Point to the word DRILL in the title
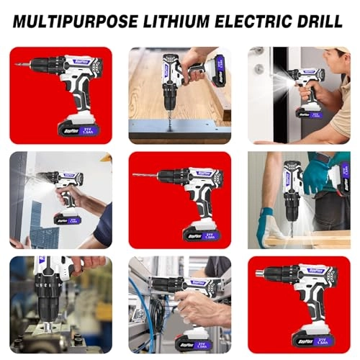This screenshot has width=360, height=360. point(320,19)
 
